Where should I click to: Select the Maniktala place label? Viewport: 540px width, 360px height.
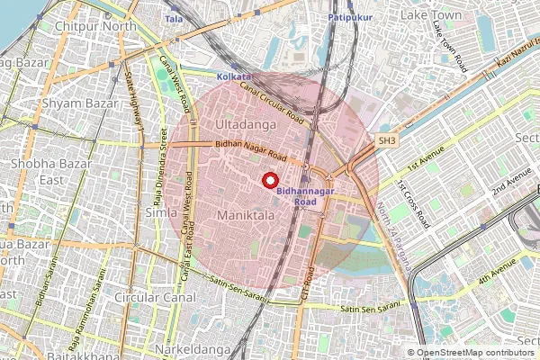click(x=245, y=216)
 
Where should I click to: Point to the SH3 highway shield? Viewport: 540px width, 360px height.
click(x=387, y=141)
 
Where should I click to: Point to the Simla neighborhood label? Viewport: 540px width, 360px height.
click(x=161, y=211)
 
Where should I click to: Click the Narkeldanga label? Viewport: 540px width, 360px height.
click(x=192, y=347)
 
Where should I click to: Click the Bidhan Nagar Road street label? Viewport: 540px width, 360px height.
click(x=250, y=150)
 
